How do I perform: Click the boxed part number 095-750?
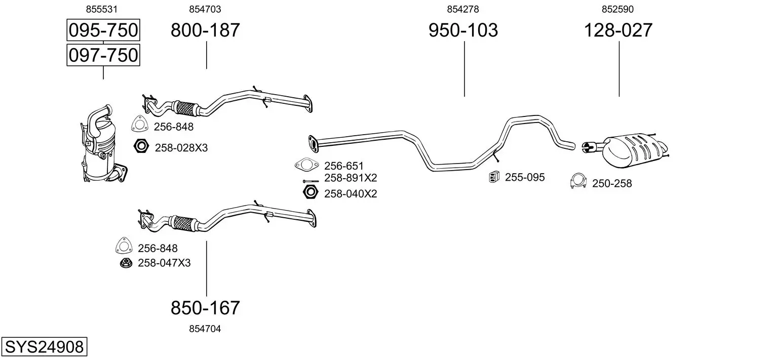tap(103, 30)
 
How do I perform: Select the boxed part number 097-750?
tap(103, 55)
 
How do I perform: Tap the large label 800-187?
tap(205, 30)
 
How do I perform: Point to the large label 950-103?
tap(463, 30)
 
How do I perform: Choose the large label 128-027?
tap(618, 30)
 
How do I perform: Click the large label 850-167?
tap(205, 308)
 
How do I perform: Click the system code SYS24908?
tap(44, 347)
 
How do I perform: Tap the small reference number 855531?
tap(102, 9)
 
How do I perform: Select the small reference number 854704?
tap(205, 329)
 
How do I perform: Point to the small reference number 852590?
tap(617, 9)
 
